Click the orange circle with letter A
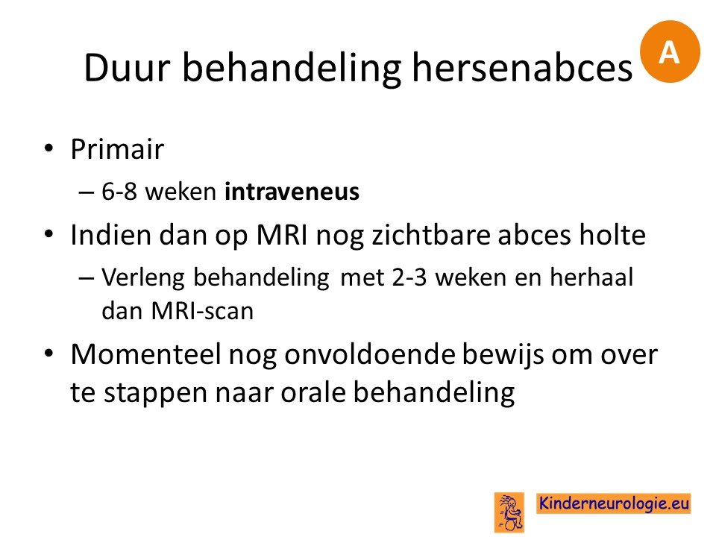[670, 51]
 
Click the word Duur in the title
[127, 68]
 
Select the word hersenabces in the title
[522, 68]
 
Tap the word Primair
[117, 148]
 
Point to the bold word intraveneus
[292, 191]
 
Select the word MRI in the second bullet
[282, 235]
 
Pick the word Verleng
[143, 277]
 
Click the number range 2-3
[409, 277]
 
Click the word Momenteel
[146, 354]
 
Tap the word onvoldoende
[370, 354]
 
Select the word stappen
[156, 394]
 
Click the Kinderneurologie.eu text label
[613, 503]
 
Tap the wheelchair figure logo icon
[509, 512]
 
